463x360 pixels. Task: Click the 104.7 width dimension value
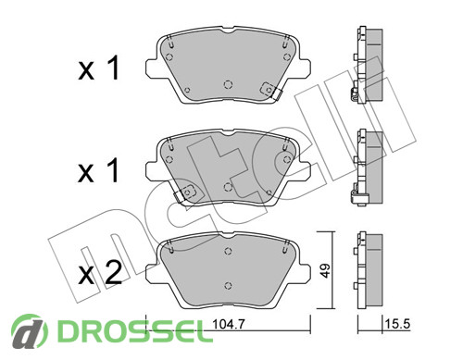pyautogui.click(x=229, y=324)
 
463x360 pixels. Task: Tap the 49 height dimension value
pyautogui.click(x=325, y=270)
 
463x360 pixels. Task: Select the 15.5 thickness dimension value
pyautogui.click(x=397, y=324)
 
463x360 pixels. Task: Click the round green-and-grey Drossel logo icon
pyautogui.click(x=30, y=332)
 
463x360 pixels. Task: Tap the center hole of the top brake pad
pyautogui.click(x=228, y=84)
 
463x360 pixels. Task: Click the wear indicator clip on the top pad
pyautogui.click(x=270, y=90)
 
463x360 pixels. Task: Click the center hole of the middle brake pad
pyautogui.click(x=228, y=187)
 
